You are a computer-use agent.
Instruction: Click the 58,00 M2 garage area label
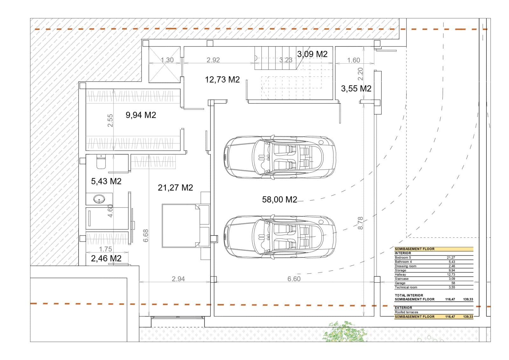point(279,200)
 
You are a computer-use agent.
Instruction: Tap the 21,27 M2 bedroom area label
point(175,188)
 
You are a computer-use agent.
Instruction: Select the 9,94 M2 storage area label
point(141,115)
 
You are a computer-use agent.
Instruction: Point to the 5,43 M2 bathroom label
point(106,181)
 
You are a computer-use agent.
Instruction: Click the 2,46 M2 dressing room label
point(106,258)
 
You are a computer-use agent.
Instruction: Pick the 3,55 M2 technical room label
point(356,88)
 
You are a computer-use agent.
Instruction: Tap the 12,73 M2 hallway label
point(222,80)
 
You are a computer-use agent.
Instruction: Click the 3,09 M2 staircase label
point(312,54)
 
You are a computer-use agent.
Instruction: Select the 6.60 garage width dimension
point(294,279)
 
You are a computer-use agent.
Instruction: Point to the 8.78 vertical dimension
point(360,223)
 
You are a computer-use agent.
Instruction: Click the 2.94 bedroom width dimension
point(178,279)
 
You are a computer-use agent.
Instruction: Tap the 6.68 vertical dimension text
point(146,236)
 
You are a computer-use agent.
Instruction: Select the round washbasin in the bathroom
point(99,200)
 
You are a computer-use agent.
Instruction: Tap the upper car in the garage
point(279,158)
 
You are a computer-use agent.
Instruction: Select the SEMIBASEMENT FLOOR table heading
point(415,249)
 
